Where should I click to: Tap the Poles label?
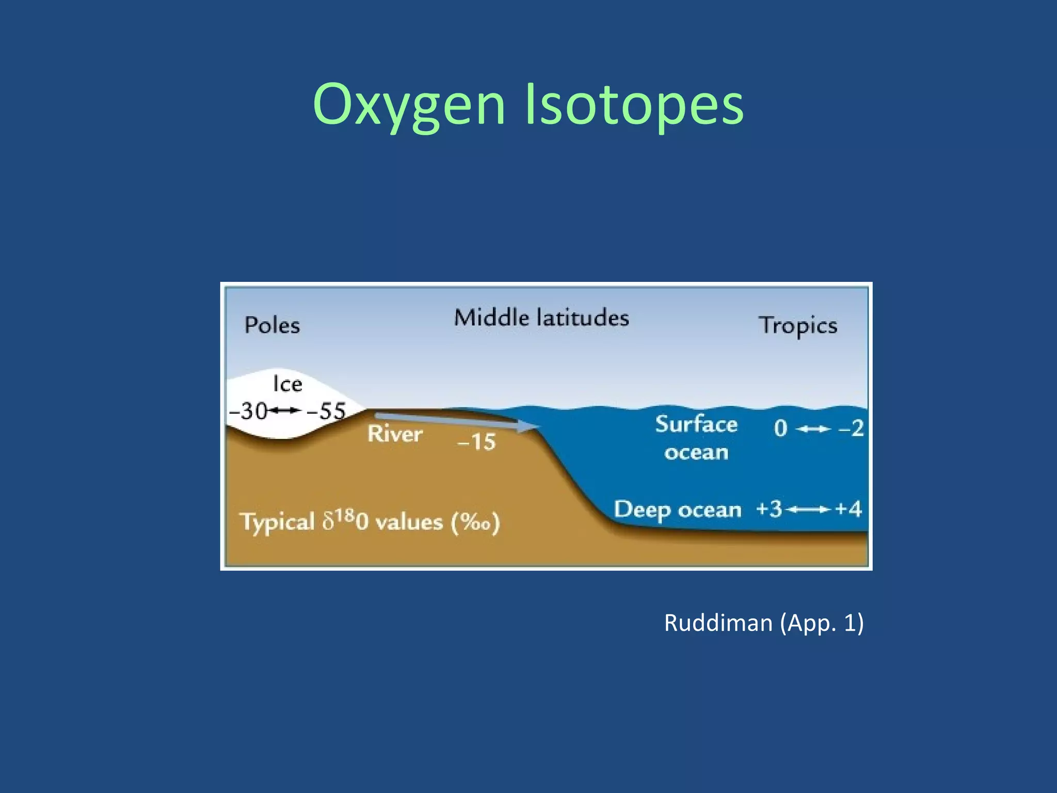[272, 325]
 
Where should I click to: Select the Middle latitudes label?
[541, 318]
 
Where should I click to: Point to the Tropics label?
[797, 326]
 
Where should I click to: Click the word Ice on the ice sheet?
[287, 384]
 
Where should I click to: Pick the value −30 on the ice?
[248, 411]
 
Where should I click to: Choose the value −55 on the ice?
[326, 411]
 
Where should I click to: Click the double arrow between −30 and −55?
[285, 410]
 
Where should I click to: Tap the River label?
[395, 434]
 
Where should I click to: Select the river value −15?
[476, 442]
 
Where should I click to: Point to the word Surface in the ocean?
[696, 424]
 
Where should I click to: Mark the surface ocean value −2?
[851, 429]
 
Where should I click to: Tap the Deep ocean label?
[677, 510]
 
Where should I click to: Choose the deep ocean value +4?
[848, 509]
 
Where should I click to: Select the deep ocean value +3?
[769, 509]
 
